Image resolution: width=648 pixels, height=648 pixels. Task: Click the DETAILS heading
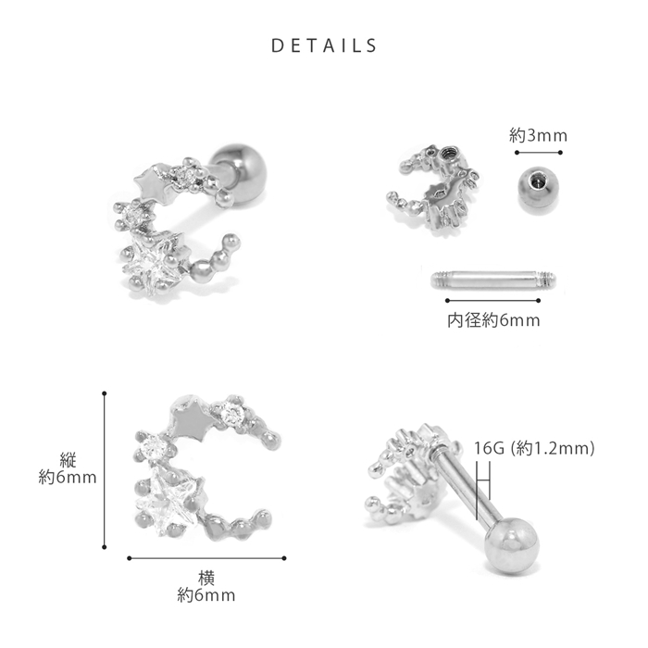point(324,45)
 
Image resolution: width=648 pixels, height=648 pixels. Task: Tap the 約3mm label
point(538,135)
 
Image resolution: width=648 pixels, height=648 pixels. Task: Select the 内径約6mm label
point(493,320)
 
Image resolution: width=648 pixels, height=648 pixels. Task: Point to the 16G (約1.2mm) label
point(534,448)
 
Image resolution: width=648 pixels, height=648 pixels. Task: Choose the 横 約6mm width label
point(206,587)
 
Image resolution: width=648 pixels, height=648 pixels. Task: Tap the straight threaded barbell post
point(493,280)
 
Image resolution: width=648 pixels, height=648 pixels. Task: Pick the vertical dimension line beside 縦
point(104,470)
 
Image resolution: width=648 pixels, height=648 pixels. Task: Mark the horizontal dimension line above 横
point(206,558)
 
